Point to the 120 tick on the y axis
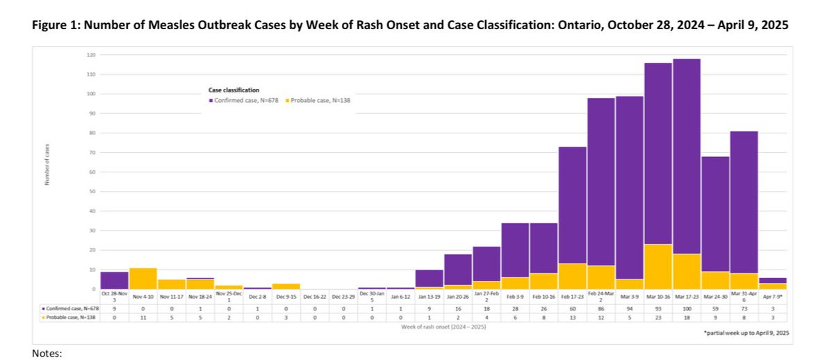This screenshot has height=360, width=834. click(92, 55)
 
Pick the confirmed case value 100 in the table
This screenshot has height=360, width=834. click(686, 306)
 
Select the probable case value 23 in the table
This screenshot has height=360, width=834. click(657, 316)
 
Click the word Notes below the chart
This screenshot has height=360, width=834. click(48, 354)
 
